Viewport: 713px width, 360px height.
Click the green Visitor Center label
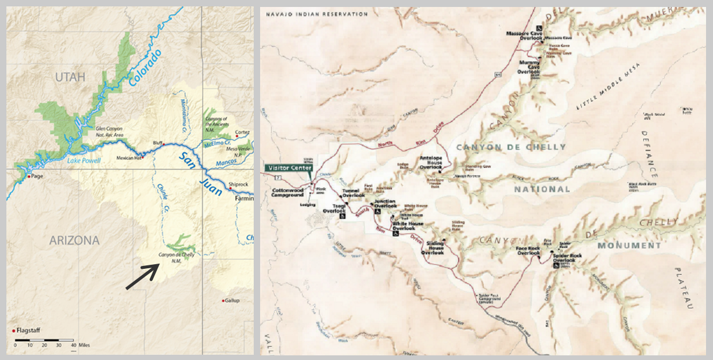click(289, 168)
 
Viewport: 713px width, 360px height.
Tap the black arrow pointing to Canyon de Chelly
click(143, 276)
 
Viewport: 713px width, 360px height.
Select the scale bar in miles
click(44, 339)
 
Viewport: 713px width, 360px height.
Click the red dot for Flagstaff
click(13, 330)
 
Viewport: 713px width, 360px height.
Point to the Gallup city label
click(232, 300)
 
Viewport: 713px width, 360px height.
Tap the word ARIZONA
click(74, 240)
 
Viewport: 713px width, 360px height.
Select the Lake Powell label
click(84, 161)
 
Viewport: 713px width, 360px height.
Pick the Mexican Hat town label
click(129, 157)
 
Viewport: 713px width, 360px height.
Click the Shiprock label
click(239, 184)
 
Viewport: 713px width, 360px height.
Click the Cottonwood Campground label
click(287, 193)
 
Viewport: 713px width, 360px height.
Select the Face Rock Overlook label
click(528, 251)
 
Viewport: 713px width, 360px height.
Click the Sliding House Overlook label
click(435, 247)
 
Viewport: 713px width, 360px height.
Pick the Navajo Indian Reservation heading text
click(316, 13)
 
